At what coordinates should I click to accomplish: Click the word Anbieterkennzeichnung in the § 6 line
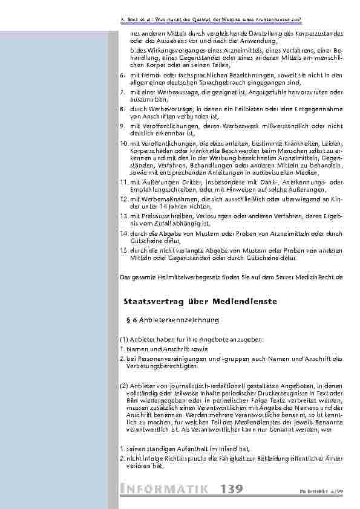(x=182, y=319)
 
